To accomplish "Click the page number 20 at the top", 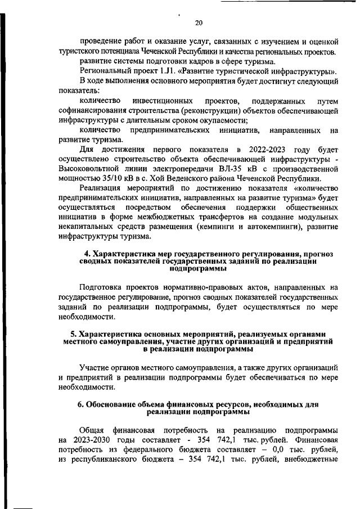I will (198, 22).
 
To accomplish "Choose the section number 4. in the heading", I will (87, 255).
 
